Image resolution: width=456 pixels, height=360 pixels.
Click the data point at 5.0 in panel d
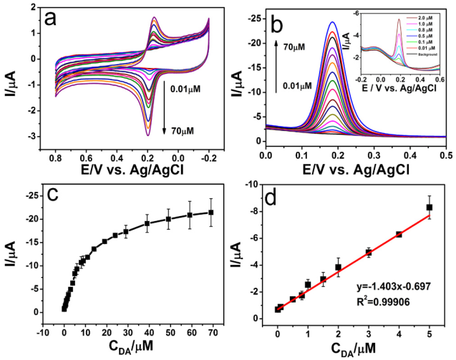(x=430, y=207)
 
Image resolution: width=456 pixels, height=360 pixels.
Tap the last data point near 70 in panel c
(x=211, y=212)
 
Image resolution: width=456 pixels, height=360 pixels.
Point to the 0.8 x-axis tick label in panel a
(x=56, y=155)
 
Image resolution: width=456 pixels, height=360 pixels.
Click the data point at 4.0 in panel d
(x=399, y=234)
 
